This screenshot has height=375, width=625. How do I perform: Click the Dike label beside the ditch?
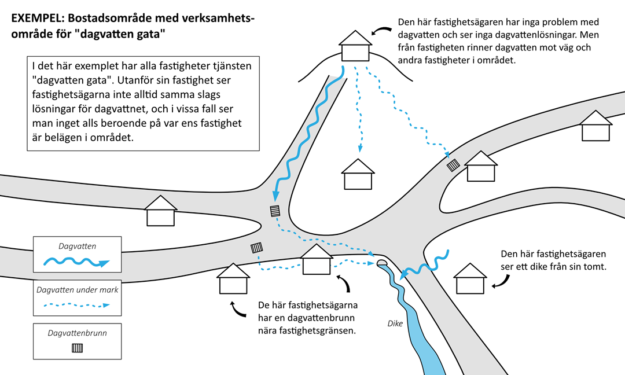point(395,323)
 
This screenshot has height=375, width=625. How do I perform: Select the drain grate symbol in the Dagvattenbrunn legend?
point(78,348)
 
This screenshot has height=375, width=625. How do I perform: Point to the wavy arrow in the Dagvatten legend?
point(76,262)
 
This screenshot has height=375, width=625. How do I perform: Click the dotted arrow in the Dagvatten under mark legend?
point(76,305)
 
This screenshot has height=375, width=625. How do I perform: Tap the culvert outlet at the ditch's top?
point(382,263)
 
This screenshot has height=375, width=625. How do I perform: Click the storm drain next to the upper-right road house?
point(453,164)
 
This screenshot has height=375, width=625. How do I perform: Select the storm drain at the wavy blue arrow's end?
point(275,211)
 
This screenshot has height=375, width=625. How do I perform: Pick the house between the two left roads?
point(161,211)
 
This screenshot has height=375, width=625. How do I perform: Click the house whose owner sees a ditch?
point(470,278)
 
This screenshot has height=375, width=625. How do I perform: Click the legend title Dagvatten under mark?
point(78,290)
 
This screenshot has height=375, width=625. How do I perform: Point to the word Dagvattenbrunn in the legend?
point(78,333)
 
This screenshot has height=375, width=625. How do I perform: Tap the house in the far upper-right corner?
point(595,126)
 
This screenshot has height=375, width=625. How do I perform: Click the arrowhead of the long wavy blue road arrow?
point(275,196)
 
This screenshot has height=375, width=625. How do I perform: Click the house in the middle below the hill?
point(358,174)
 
